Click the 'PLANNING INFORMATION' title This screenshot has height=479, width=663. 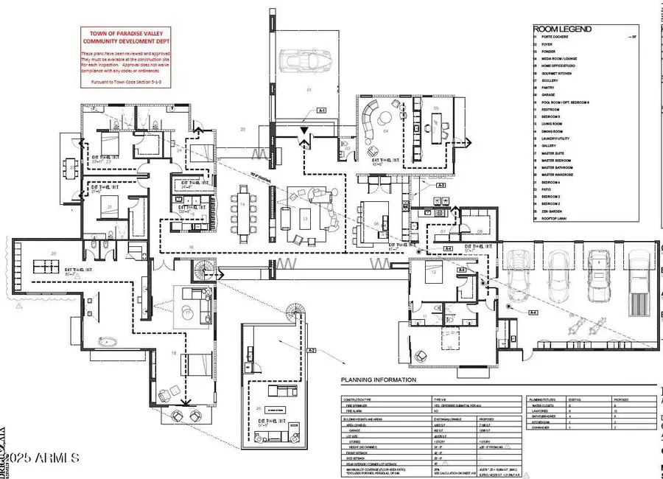(x=378, y=380)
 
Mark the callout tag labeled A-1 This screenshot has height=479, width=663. (x=322, y=110)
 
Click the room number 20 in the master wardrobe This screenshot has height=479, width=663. (x=53, y=253)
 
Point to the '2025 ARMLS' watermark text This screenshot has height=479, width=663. (x=44, y=458)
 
